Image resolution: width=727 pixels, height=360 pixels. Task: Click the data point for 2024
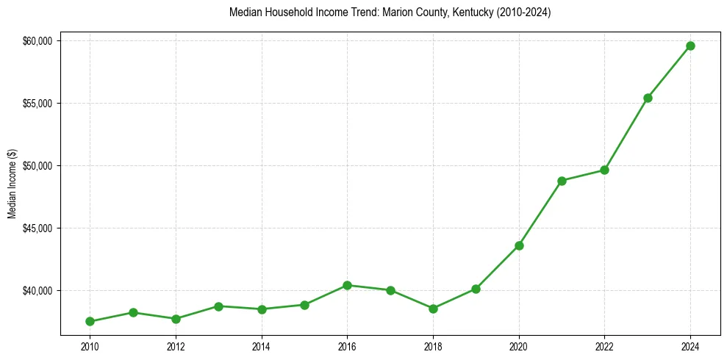click(x=690, y=46)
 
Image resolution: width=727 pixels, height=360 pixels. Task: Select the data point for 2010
click(x=90, y=321)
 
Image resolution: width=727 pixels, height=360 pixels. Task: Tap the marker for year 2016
click(x=347, y=285)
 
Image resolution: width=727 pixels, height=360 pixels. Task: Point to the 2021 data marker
click(x=562, y=181)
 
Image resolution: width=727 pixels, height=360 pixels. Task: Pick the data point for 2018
click(x=433, y=309)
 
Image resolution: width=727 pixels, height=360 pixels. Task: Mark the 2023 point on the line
click(x=648, y=98)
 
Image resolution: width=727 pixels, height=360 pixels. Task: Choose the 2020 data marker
click(x=519, y=245)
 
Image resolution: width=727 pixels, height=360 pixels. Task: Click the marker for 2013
click(x=218, y=306)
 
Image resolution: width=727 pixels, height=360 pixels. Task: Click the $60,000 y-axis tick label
click(x=37, y=40)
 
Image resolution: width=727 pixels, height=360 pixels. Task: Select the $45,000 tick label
click(x=37, y=228)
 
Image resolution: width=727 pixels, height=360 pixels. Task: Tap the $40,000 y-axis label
click(x=37, y=290)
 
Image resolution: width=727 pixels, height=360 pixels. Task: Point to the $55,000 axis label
click(x=37, y=103)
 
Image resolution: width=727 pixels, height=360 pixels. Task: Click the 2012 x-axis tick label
click(x=175, y=345)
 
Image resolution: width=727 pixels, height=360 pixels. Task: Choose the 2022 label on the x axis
click(x=604, y=345)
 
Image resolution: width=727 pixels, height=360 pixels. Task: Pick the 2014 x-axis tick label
click(x=261, y=345)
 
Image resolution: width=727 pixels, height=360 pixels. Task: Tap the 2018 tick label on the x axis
click(x=433, y=345)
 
